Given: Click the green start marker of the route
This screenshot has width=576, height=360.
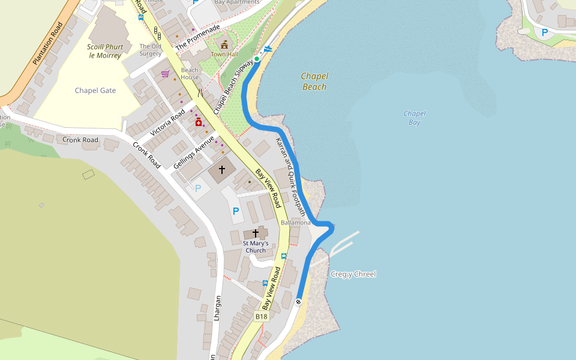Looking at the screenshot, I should point(257,59).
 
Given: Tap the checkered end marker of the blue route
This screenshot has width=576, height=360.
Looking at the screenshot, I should point(298,301).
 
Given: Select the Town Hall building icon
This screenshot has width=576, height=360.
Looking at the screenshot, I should point(224,45).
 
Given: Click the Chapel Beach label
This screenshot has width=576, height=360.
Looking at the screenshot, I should point(314,82).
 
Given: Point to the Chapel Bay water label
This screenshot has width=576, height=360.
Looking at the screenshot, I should point(415,118).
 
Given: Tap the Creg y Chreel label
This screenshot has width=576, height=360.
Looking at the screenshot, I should point(353,274).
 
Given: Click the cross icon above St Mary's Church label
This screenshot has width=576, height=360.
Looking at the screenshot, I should point(255,233).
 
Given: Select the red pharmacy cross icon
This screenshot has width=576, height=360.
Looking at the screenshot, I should point(198,122).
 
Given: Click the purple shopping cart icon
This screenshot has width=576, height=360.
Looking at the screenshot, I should point(165,74).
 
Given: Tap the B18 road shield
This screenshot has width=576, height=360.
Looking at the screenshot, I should point(261,316).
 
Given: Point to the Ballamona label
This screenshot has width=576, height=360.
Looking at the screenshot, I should point(296,223).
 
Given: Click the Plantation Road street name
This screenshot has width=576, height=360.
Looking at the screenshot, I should point(48,44).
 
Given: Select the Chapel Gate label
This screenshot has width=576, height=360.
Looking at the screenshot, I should point(95,91).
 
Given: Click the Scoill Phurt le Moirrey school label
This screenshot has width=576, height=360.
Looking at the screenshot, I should point(105,51).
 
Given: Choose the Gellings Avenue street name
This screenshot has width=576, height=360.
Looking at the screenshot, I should point(194,152).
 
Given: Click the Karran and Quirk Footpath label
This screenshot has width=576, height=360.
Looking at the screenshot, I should point(290,177).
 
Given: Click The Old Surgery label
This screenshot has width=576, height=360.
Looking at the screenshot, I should point(150,50).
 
